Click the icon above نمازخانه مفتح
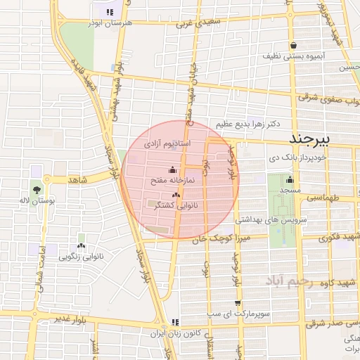pos(173,169)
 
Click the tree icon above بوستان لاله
pos(35,189)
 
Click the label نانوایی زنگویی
pos(83,257)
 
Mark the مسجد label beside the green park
pos(289,191)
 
